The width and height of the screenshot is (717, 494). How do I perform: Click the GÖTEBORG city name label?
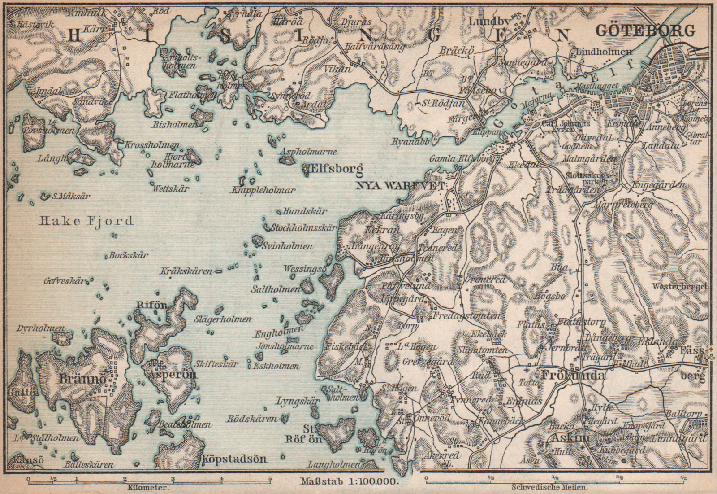(x=645, y=31)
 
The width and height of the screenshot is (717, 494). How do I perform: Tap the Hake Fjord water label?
(x=86, y=221)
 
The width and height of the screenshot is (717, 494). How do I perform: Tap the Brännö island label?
(x=82, y=379)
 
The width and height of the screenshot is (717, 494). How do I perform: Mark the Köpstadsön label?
(x=234, y=459)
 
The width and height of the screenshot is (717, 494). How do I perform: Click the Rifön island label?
(x=151, y=305)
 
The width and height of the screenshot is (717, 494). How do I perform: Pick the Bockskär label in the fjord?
(x=129, y=255)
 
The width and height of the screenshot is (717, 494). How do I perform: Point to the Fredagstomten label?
(x=466, y=316)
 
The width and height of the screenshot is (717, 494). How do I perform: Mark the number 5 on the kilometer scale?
(x=270, y=478)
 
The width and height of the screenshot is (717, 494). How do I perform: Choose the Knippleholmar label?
(x=263, y=190)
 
